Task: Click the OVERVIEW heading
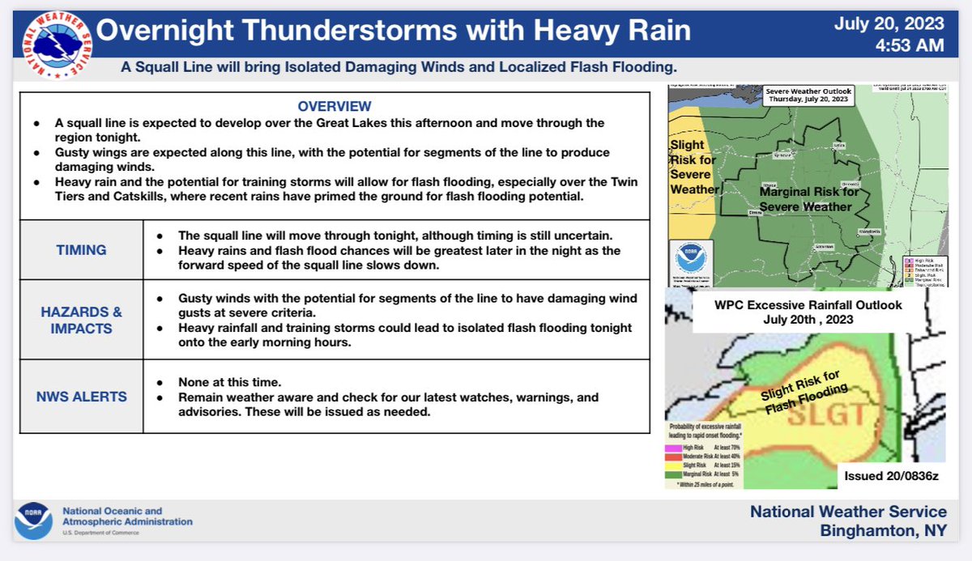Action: pos(335,107)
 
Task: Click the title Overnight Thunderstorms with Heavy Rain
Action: pos(394,31)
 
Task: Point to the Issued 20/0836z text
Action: pos(891,476)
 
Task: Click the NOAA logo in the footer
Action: pos(34,521)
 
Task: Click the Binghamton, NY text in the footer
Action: pos(882,531)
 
